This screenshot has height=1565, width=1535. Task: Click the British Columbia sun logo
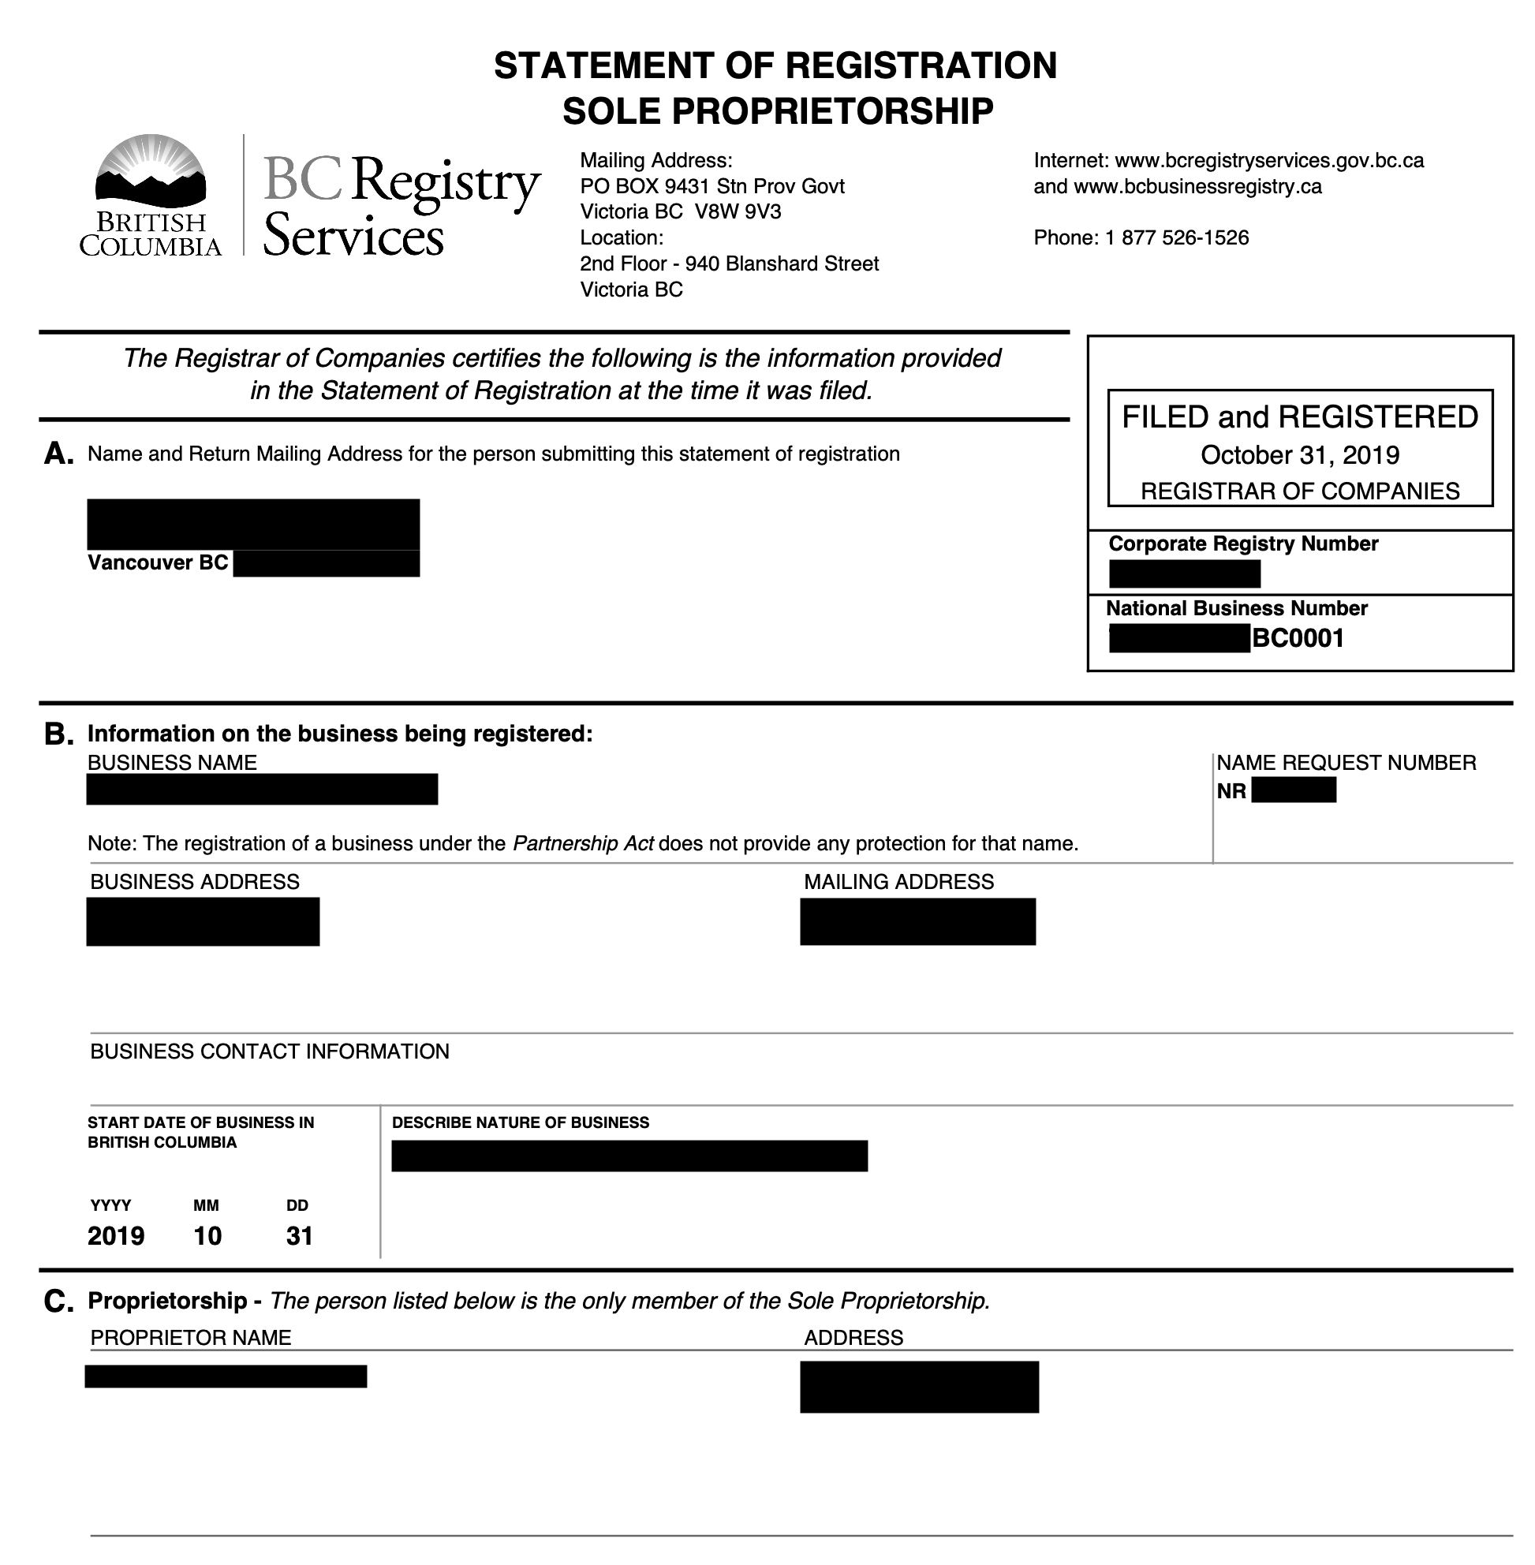[x=150, y=170]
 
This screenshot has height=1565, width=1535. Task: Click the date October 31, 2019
[x=1300, y=456]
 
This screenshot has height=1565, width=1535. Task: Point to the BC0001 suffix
[x=1298, y=639]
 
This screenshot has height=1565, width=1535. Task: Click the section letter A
[x=58, y=454]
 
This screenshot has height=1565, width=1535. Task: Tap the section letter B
[x=58, y=734]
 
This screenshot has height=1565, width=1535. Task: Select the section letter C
[x=58, y=1301]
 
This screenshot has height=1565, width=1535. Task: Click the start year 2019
[x=116, y=1236]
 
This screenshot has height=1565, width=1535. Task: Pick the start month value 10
[x=207, y=1236]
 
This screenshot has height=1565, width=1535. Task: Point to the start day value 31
[x=299, y=1236]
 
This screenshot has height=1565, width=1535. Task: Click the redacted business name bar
[x=262, y=790]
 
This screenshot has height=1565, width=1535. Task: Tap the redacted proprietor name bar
[x=226, y=1376]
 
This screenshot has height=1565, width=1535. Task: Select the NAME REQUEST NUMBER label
[x=1346, y=763]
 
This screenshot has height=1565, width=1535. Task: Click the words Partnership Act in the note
[x=583, y=843]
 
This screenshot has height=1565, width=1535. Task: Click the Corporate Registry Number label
[x=1243, y=543]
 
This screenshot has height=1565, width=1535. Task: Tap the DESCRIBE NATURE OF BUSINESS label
[x=520, y=1122]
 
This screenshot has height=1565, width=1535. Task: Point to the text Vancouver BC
[x=158, y=562]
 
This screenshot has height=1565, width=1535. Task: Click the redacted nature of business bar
[x=629, y=1156]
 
